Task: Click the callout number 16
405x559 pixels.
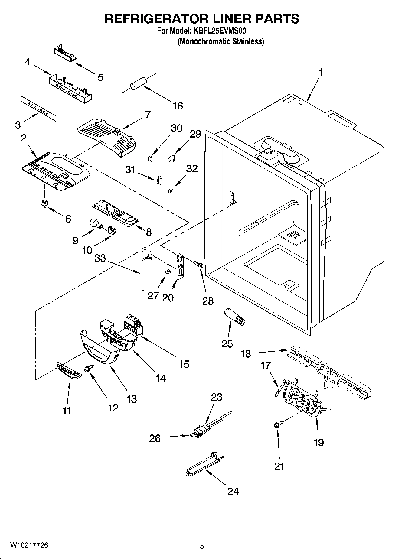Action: [x=178, y=106]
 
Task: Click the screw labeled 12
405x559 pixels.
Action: [x=90, y=368]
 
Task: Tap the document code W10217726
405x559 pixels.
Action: [x=29, y=545]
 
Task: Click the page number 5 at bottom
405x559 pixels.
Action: [x=202, y=546]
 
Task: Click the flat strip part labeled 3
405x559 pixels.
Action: [x=38, y=109]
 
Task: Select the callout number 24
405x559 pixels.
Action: [x=233, y=491]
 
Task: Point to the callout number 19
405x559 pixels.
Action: [x=318, y=442]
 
